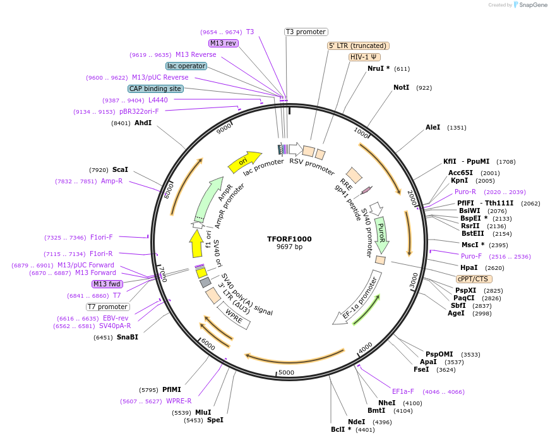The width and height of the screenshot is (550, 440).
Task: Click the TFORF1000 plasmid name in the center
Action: [289, 239]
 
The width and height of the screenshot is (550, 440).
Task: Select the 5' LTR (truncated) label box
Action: [358, 46]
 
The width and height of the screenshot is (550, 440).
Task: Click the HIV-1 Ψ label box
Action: [364, 57]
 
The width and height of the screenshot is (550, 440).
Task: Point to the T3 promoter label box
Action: [306, 32]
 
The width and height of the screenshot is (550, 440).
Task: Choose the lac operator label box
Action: [186, 66]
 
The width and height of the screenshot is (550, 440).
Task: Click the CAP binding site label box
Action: [155, 89]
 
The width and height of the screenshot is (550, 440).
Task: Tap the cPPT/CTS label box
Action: [474, 279]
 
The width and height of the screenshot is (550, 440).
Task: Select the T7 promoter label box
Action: [108, 307]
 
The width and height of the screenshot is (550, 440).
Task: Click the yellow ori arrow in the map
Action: [244, 162]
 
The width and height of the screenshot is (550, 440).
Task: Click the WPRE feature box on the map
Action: [234, 314]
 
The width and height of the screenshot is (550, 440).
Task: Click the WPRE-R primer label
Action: [179, 401]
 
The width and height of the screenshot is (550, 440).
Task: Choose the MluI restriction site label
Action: [203, 412]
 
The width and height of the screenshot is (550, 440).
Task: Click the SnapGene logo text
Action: [532, 5]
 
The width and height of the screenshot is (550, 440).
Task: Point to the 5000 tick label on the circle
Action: [286, 372]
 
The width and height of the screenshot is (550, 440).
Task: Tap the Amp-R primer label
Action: [112, 181]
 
